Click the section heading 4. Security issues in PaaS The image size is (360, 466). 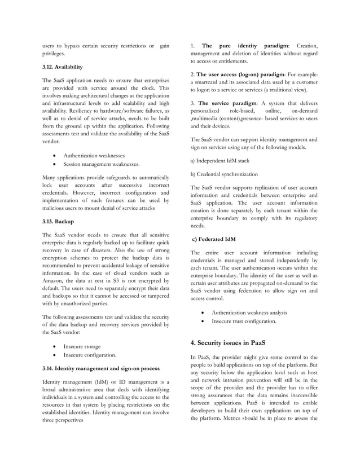tap(227, 342)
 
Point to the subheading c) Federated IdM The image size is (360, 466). tap(214, 239)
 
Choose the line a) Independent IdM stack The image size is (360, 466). tap(224, 161)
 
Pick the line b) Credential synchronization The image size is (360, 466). tap(224, 174)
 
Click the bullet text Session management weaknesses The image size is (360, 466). tap(101, 164)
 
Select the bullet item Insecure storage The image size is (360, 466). tap(82, 345)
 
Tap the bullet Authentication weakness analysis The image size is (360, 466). tap(249, 313)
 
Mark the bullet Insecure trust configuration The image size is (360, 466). tap(244, 322)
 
